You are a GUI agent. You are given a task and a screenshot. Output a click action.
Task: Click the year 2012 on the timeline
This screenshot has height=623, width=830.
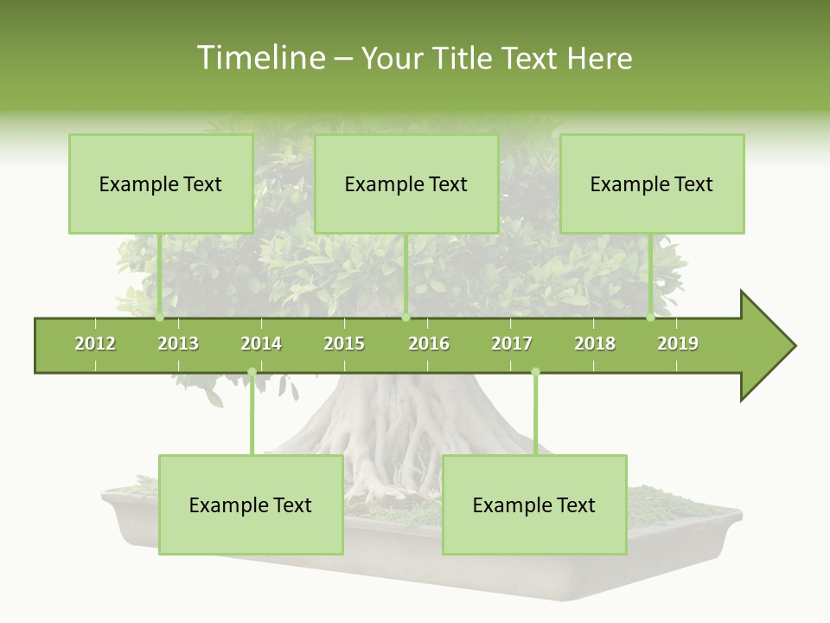pyautogui.click(x=95, y=344)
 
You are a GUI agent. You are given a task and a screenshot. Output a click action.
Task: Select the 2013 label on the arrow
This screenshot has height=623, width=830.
pyautogui.click(x=178, y=344)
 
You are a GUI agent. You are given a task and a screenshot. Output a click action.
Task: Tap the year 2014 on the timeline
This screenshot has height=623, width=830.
pyautogui.click(x=261, y=344)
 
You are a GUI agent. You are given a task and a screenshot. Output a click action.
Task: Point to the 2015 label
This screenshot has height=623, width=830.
pyautogui.click(x=344, y=344)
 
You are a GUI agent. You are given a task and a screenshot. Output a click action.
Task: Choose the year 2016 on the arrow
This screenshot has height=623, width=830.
pyautogui.click(x=429, y=344)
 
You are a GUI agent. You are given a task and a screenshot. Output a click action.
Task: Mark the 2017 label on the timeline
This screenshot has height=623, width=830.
pyautogui.click(x=512, y=344)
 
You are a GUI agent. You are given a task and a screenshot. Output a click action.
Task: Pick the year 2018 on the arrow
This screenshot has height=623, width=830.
pyautogui.click(x=595, y=344)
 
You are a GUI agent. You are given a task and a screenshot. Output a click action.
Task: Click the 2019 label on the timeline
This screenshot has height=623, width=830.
pyautogui.click(x=678, y=344)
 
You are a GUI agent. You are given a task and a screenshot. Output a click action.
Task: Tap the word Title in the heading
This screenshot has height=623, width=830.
pyautogui.click(x=463, y=58)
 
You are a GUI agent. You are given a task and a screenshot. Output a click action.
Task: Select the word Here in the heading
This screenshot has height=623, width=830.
pyautogui.click(x=599, y=58)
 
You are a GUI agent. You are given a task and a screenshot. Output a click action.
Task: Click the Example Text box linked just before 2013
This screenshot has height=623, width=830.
pyautogui.click(x=161, y=183)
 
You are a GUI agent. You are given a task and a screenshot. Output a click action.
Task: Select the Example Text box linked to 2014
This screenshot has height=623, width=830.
pyautogui.click(x=251, y=504)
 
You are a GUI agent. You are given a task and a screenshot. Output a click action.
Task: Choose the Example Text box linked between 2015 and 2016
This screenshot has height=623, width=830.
pyautogui.click(x=406, y=183)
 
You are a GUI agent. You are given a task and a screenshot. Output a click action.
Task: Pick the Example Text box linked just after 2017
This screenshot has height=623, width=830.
pyautogui.click(x=534, y=504)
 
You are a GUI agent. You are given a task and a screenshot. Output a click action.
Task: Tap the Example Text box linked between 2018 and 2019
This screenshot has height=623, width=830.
pyautogui.click(x=652, y=183)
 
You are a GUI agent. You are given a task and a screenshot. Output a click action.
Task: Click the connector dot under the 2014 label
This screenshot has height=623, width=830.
pyautogui.click(x=252, y=372)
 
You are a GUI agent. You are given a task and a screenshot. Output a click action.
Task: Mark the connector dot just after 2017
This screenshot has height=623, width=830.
pyautogui.click(x=535, y=372)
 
